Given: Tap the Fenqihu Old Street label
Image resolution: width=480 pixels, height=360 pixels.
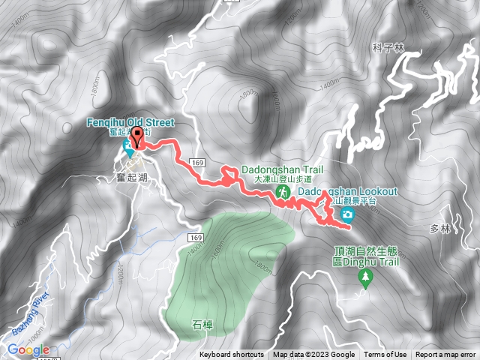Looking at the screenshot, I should point(129,122).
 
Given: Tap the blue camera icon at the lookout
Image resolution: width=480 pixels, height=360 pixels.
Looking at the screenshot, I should point(348,216).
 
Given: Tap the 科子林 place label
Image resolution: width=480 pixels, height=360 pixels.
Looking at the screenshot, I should point(388,47).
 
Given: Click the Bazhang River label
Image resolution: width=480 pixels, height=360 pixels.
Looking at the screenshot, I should point(30,310).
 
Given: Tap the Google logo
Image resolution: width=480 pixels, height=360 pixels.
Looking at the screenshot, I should point(28,349).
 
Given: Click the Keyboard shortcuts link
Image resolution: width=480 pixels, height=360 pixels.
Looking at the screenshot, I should point(232,355).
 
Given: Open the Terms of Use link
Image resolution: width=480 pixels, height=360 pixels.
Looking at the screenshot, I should point(385,355).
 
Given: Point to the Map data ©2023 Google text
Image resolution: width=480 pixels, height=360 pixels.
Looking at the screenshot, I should point(313,355).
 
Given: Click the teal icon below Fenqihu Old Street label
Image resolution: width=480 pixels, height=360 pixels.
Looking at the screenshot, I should point(129,151).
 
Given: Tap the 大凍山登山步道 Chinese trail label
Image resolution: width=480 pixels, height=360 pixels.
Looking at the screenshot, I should point(282,180).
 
